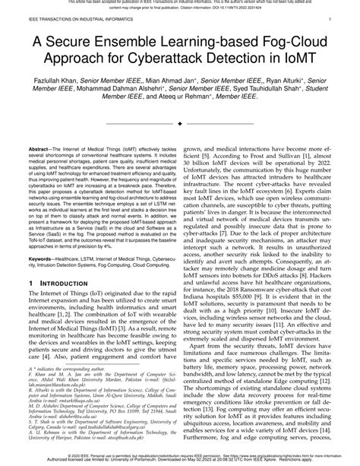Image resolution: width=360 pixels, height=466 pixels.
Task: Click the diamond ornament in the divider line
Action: point(179,122)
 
